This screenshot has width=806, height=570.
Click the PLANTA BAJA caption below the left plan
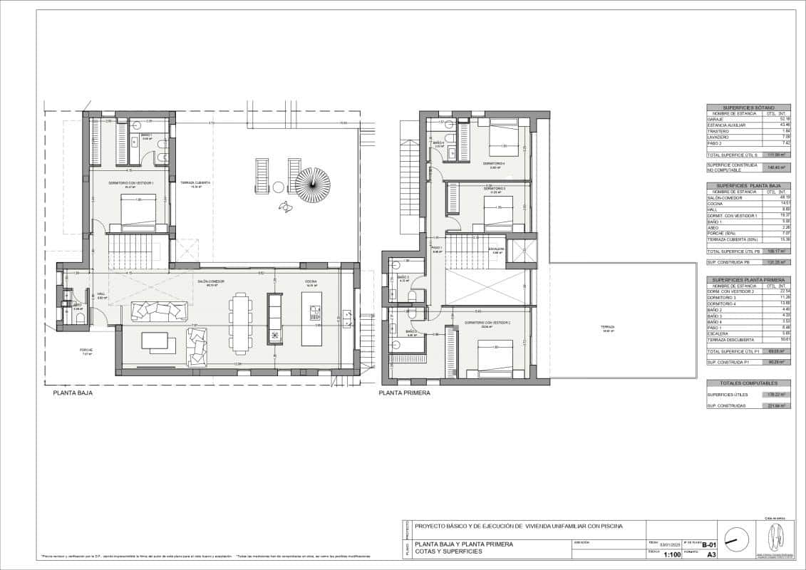point(73,392)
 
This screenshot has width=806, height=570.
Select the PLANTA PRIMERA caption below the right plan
point(405,392)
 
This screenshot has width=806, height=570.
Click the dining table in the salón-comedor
point(241,325)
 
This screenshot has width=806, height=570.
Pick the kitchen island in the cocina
point(311,319)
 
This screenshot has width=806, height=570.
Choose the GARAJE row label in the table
point(716,119)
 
